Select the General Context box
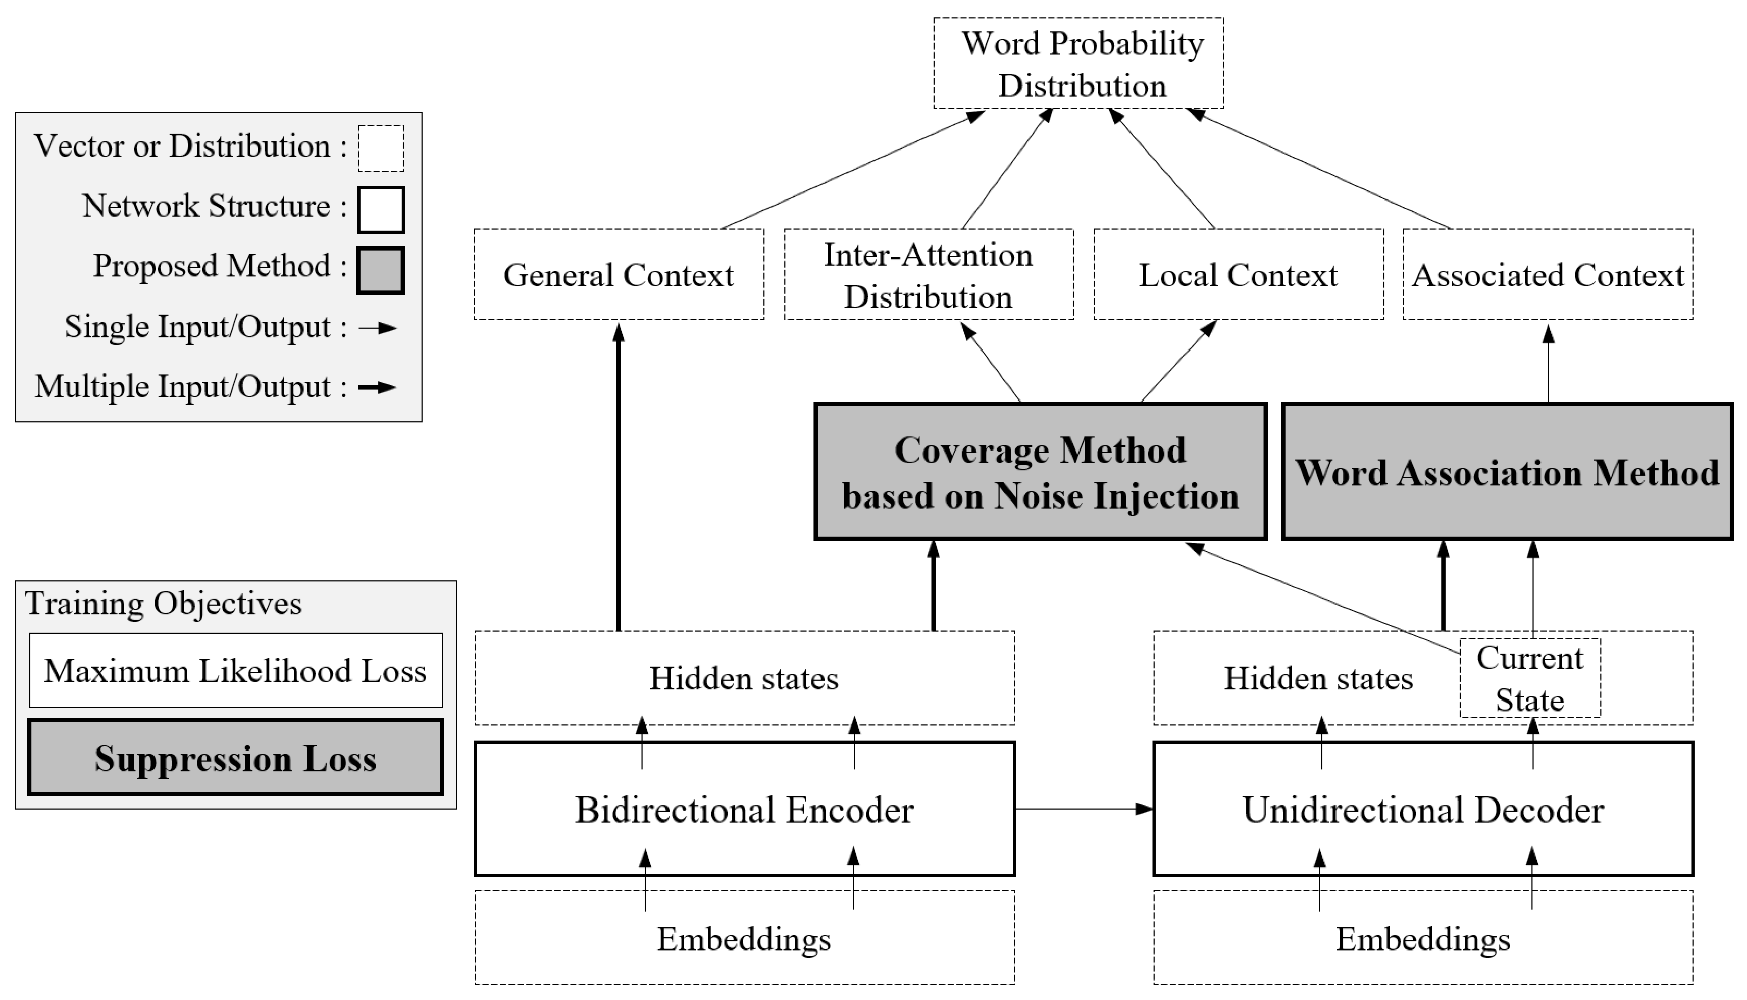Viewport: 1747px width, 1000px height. [x=619, y=275]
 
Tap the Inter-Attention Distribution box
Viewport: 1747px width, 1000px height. [x=928, y=275]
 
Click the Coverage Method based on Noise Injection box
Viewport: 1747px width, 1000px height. [x=1040, y=472]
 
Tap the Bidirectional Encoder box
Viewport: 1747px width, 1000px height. [x=744, y=809]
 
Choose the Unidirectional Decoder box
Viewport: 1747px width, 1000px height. [x=1423, y=809]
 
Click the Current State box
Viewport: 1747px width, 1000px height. [x=1529, y=679]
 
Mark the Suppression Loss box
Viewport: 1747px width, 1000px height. [x=235, y=758]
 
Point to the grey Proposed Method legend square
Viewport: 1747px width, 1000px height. [x=380, y=270]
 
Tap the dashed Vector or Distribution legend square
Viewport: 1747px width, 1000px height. [x=380, y=148]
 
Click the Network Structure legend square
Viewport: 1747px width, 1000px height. [x=380, y=210]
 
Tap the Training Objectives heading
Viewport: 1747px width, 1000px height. [x=164, y=604]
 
